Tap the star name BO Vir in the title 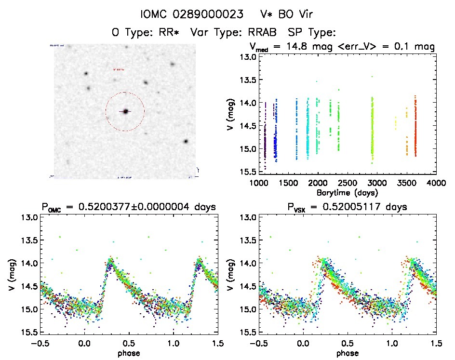point(295,14)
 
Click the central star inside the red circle point(125,111)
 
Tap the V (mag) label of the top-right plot point(230,114)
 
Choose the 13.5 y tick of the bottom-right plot point(249,240)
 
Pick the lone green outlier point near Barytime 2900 point(372,77)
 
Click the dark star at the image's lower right point(186,142)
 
